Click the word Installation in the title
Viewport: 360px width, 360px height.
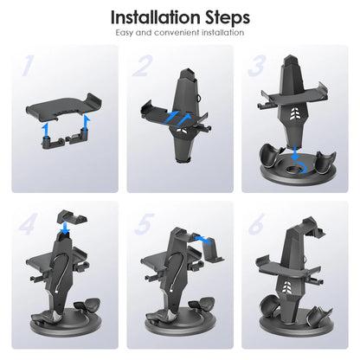[x=155, y=17]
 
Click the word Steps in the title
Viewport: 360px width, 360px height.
[x=228, y=18]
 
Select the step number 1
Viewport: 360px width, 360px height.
[x=27, y=66]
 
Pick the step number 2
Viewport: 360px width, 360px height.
[x=141, y=66]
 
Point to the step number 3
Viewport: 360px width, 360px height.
[x=256, y=66]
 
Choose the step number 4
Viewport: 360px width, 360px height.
[x=28, y=224]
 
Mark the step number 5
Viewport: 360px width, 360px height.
[x=144, y=224]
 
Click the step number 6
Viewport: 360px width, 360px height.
[x=256, y=224]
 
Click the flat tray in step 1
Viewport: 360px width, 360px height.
[x=64, y=108]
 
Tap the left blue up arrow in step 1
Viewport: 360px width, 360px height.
[x=44, y=132]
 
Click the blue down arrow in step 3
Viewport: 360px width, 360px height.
[x=295, y=153]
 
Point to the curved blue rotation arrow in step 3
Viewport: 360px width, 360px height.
[x=304, y=168]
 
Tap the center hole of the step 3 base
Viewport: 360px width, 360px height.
[x=293, y=168]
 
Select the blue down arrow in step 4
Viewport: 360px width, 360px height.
[x=66, y=228]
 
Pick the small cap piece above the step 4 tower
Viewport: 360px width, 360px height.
[x=72, y=218]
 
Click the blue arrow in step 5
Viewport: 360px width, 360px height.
[x=203, y=240]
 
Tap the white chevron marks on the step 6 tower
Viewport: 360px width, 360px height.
[x=286, y=286]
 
